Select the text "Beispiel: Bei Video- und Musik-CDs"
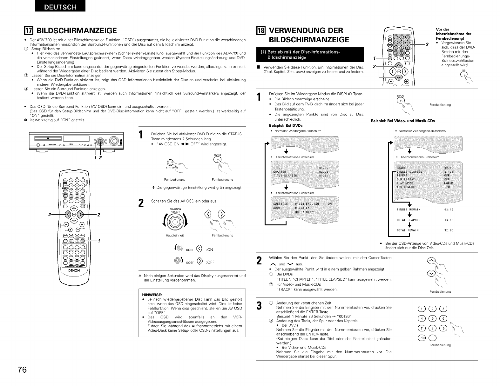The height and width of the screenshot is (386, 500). (x=403, y=121)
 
